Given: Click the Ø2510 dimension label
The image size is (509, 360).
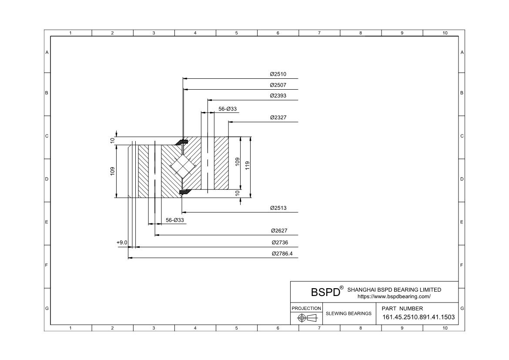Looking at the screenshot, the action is pyautogui.click(x=278, y=74).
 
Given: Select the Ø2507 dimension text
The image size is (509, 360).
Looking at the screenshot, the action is pyautogui.click(x=278, y=85).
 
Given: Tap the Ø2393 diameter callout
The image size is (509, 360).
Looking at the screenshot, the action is pyautogui.click(x=278, y=96).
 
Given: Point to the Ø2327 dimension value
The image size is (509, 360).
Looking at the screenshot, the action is pyautogui.click(x=278, y=118).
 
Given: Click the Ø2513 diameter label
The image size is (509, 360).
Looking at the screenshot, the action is pyautogui.click(x=278, y=208).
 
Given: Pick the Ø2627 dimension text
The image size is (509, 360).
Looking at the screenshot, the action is pyautogui.click(x=279, y=231).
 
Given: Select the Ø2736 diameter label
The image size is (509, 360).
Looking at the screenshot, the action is pyautogui.click(x=280, y=242).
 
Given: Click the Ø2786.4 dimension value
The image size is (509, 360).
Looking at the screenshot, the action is pyautogui.click(x=282, y=253).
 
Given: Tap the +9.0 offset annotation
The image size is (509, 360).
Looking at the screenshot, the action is pyautogui.click(x=122, y=242).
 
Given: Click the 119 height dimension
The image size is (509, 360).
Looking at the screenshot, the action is pyautogui.click(x=248, y=165).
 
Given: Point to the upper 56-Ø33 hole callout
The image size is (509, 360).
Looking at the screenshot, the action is pyautogui.click(x=228, y=109).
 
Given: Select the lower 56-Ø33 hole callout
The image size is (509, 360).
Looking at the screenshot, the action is pyautogui.click(x=174, y=220).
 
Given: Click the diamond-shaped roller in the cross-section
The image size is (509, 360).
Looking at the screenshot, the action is pyautogui.click(x=183, y=166).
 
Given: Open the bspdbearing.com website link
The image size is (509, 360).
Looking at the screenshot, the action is pyautogui.click(x=394, y=296).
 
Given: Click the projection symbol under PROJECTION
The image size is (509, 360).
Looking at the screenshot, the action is pyautogui.click(x=307, y=318).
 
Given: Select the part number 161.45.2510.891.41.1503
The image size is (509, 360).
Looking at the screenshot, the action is pyautogui.click(x=419, y=317).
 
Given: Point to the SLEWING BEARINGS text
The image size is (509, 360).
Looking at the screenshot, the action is pyautogui.click(x=348, y=313).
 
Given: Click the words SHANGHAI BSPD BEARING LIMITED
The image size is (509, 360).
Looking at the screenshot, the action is pyautogui.click(x=394, y=289).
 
